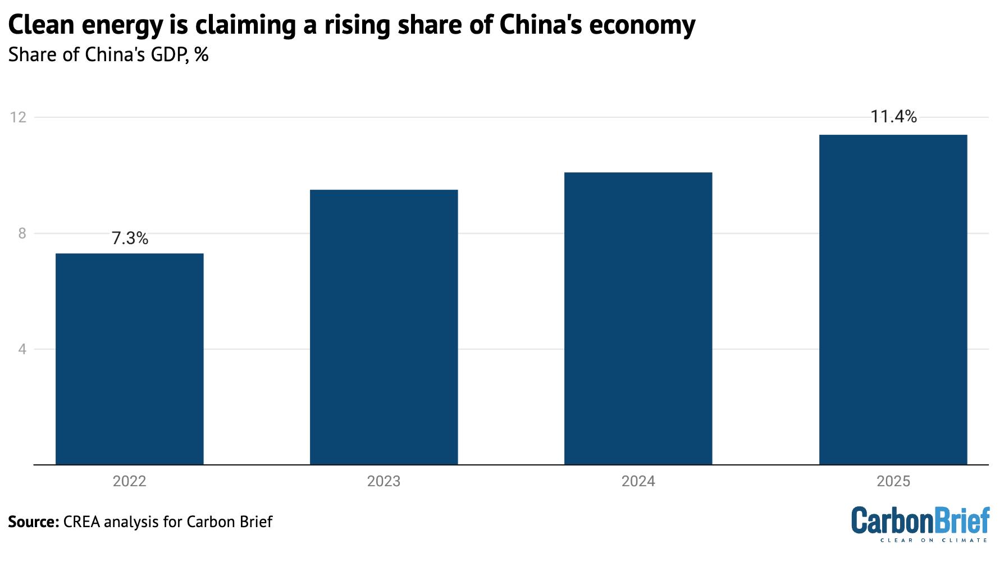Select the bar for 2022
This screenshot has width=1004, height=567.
point(129,359)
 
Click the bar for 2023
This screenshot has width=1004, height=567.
point(384,327)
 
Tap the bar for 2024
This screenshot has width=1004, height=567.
point(638,318)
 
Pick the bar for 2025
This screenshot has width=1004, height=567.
point(893,300)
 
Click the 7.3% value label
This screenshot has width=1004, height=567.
point(130,239)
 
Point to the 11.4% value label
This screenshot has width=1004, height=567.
point(893,117)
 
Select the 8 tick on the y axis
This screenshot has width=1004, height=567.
point(22,234)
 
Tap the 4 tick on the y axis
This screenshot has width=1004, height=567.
point(22,349)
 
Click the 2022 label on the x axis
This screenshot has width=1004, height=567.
point(129,482)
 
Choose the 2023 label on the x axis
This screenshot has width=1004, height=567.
point(384,482)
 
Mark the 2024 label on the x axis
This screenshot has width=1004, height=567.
point(638,482)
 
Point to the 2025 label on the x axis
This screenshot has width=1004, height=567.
point(893,482)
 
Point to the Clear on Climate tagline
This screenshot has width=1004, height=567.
point(933,540)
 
